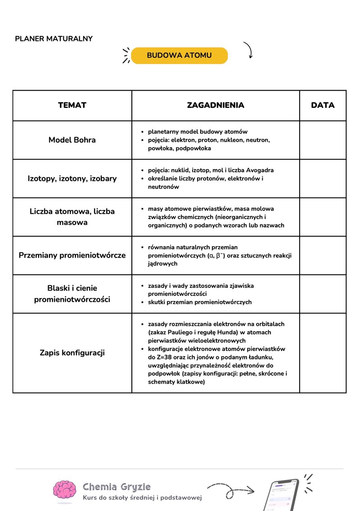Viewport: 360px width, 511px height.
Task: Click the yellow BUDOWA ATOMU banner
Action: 179,56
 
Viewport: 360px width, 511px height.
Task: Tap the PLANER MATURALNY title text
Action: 54,39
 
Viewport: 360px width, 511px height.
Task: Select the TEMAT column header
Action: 72,105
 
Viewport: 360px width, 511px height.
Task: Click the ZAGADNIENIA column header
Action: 216,105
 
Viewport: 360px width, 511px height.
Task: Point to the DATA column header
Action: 323,105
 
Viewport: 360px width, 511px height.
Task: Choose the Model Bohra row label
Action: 72,140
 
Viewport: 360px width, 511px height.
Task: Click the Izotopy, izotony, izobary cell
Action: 72,179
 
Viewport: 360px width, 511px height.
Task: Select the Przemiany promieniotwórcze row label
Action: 72,255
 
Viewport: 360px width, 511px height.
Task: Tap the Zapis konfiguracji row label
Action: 72,353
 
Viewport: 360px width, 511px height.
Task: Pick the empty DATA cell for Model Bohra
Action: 323,140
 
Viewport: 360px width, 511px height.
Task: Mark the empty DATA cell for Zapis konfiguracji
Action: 323,353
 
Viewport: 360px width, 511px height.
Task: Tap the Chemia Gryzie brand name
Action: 117,487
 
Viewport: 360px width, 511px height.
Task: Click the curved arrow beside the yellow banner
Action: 248,50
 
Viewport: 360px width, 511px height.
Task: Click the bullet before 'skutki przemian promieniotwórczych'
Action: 143,302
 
